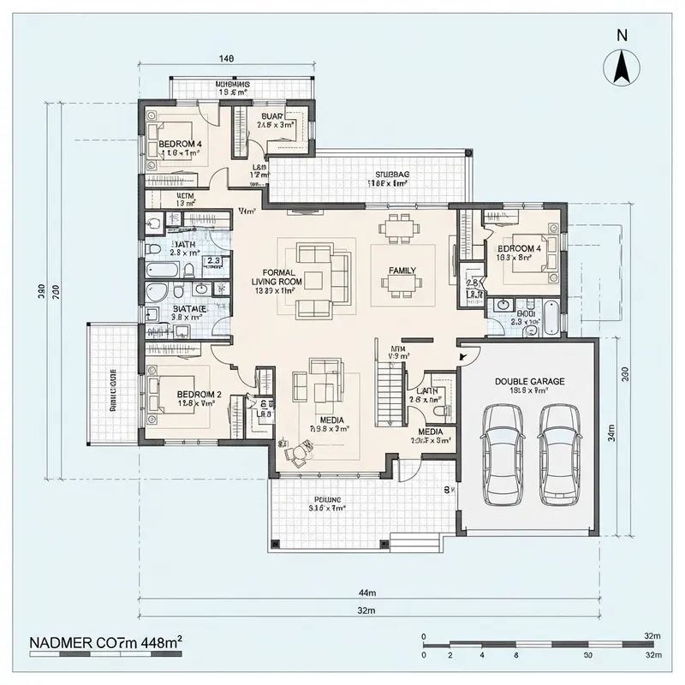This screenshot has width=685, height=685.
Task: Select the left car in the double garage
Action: (503, 453)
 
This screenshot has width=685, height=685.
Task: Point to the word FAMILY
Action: (402, 271)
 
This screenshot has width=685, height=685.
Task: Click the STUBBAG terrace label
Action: (387, 175)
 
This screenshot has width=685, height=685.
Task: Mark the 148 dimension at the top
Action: (226, 59)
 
